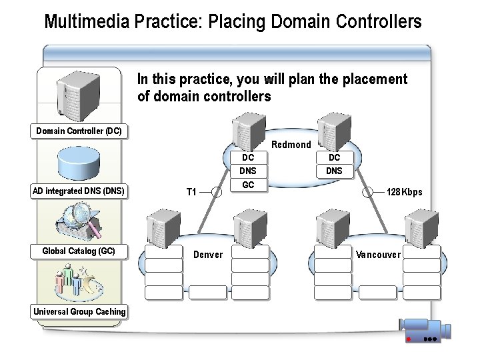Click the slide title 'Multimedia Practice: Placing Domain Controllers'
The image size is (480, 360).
coord(233,21)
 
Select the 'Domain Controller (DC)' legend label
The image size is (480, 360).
coord(79,131)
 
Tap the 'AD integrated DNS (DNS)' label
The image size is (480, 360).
coord(79,191)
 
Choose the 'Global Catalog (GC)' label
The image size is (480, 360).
coord(79,251)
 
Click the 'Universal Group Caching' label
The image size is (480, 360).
coord(79,311)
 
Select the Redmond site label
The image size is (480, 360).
coord(291,145)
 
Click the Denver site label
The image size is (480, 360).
coord(208,255)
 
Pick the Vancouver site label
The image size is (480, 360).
coord(378,255)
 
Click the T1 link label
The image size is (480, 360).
coord(191,192)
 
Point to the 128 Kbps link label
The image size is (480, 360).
coord(404,192)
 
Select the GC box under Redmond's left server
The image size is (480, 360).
coord(248,185)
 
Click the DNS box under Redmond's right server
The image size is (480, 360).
coord(334,171)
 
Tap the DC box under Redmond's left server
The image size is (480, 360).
coord(248,158)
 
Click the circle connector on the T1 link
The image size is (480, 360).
coord(217,192)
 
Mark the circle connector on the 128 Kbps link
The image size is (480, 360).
coord(368,192)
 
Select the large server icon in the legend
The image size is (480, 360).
coord(79,93)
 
